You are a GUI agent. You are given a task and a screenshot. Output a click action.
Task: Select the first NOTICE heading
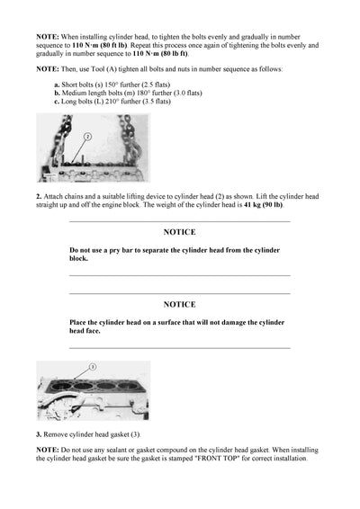click(179, 232)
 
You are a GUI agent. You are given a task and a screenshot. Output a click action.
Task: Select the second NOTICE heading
click(179, 305)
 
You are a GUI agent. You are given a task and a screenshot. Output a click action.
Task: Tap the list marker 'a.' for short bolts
click(57, 84)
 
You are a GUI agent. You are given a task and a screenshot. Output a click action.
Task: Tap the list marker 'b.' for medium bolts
click(57, 93)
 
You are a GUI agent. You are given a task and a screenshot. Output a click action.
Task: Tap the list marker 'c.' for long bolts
click(57, 102)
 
